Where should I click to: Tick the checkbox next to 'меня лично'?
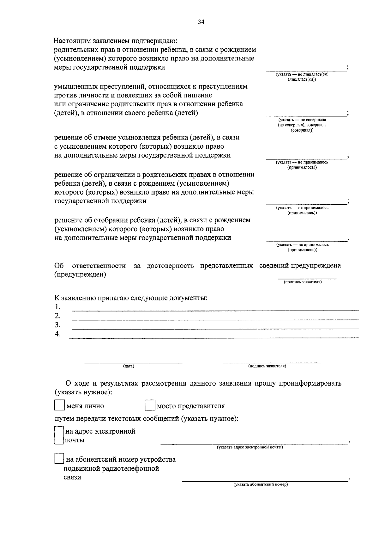(59, 406)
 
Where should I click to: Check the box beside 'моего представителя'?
(150, 406)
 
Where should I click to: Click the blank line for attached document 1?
(215, 310)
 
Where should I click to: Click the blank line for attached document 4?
(215, 338)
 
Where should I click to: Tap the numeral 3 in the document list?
(57, 325)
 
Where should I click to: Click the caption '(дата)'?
(129, 366)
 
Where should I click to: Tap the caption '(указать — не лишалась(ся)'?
(302, 74)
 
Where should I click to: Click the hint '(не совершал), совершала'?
(302, 125)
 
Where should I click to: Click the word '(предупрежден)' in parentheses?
(80, 275)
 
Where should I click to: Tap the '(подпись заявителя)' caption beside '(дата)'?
(267, 366)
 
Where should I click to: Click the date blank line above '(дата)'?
(133, 362)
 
